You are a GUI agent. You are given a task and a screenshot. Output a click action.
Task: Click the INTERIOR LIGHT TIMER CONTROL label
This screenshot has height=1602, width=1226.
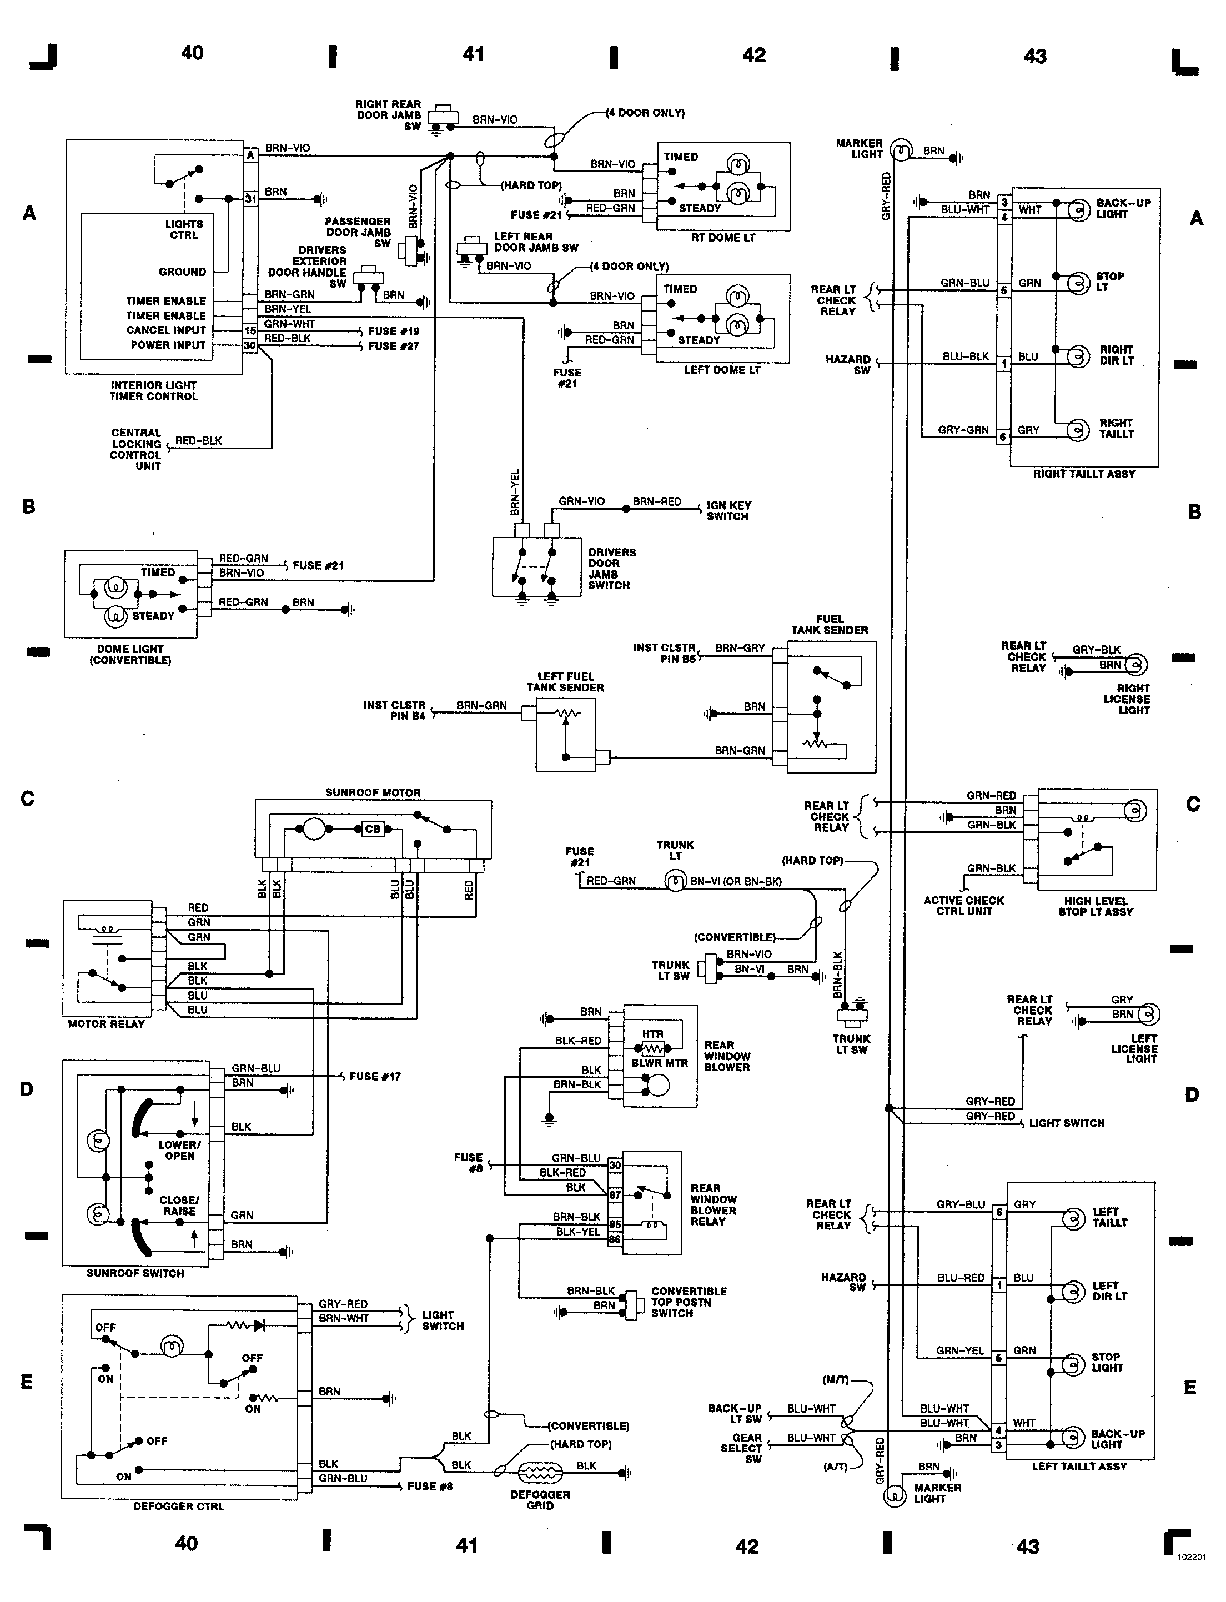click(153, 390)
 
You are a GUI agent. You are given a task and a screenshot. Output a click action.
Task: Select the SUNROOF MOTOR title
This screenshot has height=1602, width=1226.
click(373, 792)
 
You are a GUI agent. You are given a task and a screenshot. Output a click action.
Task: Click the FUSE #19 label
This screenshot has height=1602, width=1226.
click(393, 330)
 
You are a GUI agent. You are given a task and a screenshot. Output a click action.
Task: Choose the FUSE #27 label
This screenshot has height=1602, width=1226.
click(393, 346)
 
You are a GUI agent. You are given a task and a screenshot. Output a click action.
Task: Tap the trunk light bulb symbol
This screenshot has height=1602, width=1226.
click(676, 881)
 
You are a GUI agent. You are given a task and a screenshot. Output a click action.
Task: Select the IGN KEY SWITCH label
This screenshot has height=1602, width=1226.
click(728, 510)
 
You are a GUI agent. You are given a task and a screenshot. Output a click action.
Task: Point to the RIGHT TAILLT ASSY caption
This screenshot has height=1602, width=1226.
click(1084, 474)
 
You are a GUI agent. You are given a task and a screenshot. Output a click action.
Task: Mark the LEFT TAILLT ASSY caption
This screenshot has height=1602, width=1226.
click(1079, 1467)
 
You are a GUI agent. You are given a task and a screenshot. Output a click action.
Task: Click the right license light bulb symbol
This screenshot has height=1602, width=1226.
click(1135, 664)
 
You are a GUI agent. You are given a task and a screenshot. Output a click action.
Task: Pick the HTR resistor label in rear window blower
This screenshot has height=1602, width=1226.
click(652, 1033)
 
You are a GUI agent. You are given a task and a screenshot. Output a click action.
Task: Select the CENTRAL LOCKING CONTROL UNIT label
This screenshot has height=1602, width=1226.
click(137, 449)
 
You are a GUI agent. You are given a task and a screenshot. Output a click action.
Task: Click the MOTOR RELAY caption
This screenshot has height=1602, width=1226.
click(107, 1024)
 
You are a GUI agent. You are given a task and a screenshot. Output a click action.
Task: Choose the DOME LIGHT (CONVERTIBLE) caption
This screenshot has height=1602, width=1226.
click(130, 655)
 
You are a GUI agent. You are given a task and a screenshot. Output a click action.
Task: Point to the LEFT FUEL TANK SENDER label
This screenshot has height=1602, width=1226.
click(566, 682)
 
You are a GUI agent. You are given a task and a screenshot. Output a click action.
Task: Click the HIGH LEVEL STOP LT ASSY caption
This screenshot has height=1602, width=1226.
click(1096, 906)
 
